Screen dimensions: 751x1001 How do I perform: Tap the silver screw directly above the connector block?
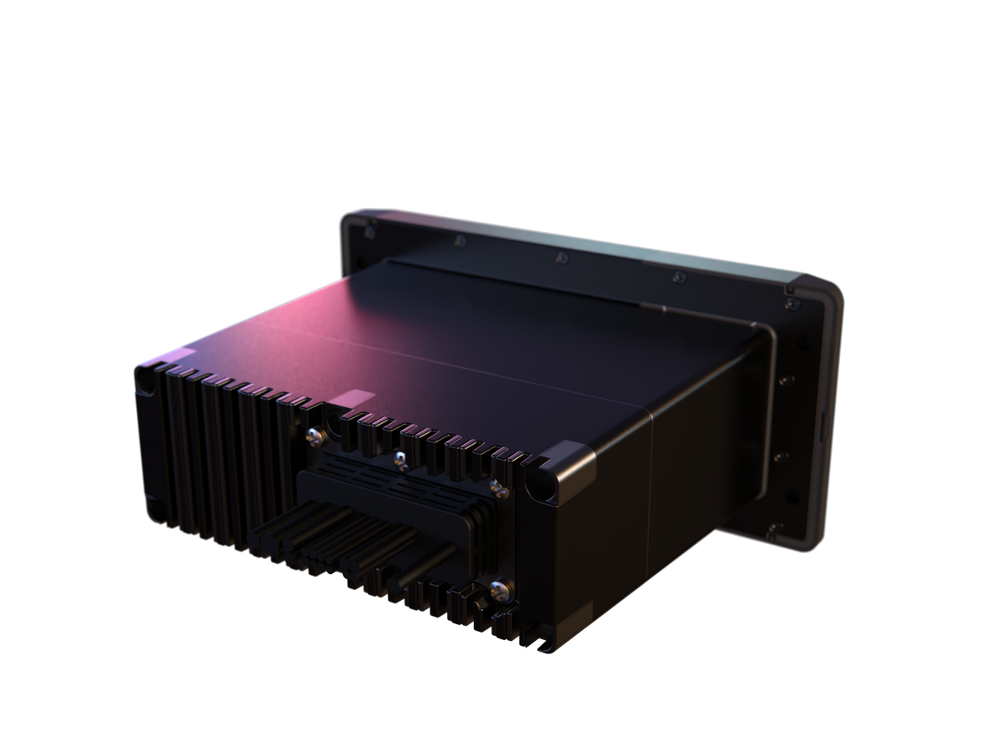[401, 456]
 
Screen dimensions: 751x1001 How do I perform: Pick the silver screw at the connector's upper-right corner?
[498, 486]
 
